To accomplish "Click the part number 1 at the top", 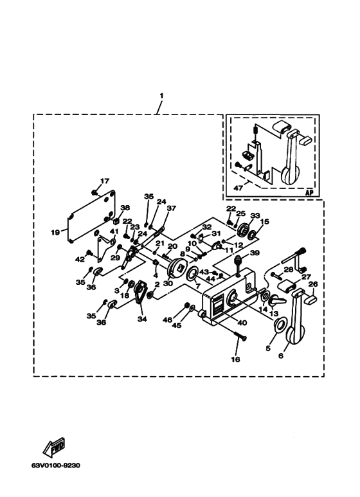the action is pos(161,95).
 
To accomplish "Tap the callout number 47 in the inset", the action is pos(239,188).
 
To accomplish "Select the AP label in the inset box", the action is pos(309,192).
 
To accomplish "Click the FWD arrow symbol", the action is pos(54,447).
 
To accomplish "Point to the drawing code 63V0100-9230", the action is pos(56,465).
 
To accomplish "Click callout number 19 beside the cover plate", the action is pos(55,232).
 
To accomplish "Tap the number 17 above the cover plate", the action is pos(105,181).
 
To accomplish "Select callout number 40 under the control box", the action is pos(242,323).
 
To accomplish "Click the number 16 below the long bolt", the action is pos(235,359).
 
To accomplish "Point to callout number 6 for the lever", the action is pos(281,356).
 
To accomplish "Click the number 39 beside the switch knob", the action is pos(255,253).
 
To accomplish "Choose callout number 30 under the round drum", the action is pos(168,284).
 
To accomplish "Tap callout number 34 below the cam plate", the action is pos(142,319).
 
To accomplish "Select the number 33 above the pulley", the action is pos(255,215).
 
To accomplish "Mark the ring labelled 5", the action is pos(280,326).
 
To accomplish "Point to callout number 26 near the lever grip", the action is pos(313,284).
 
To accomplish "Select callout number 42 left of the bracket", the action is pos(80,260).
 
